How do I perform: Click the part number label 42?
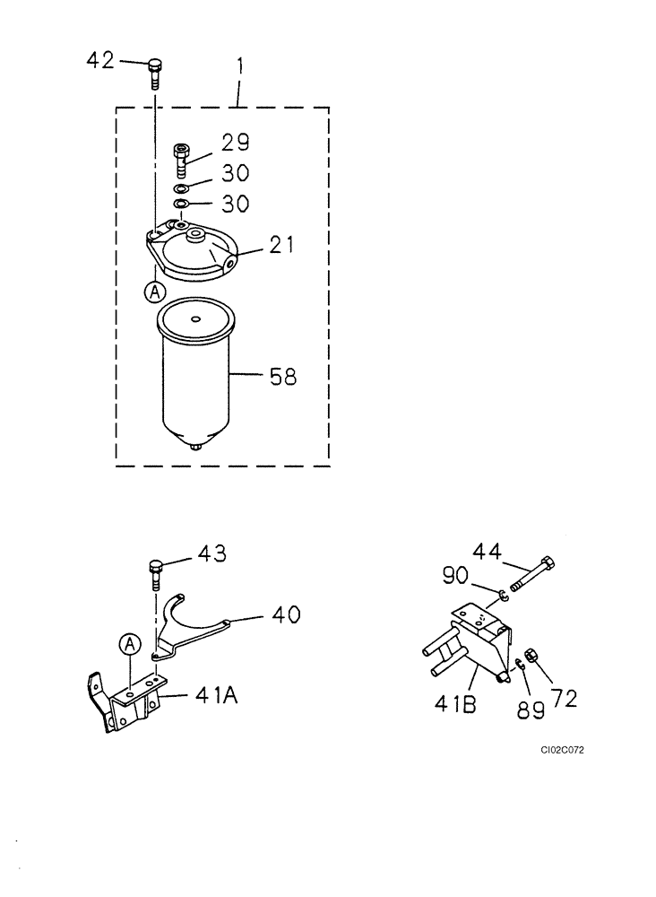(100, 60)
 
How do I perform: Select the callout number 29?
(236, 143)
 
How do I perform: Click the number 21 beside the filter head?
(281, 244)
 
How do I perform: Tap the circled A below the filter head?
(156, 292)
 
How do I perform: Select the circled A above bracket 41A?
(131, 643)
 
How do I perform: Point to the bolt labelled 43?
(155, 571)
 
